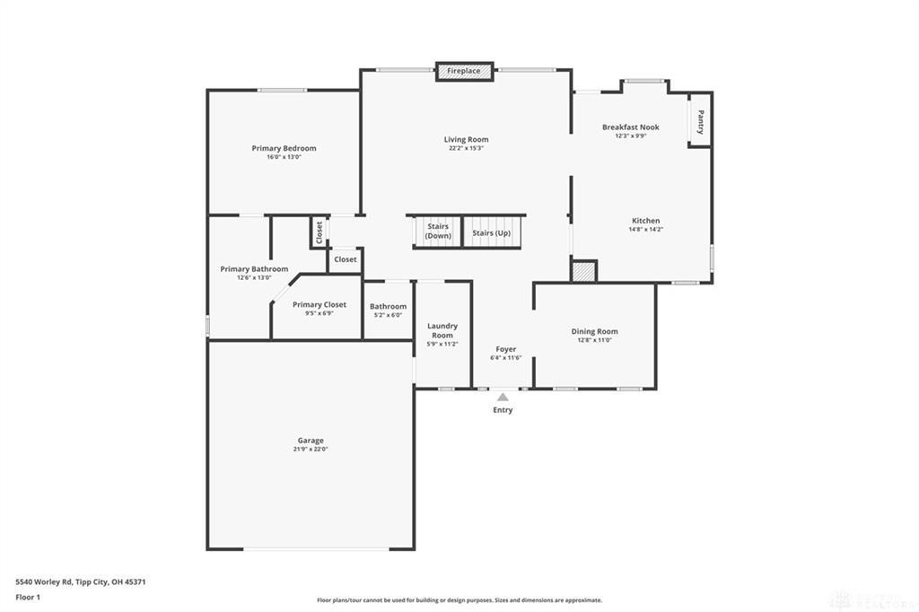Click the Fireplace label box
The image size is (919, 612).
[x=464, y=71]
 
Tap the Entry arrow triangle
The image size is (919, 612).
[x=503, y=397]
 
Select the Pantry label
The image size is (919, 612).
[x=700, y=121]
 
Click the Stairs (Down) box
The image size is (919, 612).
[x=438, y=231]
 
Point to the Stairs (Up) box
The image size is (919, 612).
[x=492, y=232]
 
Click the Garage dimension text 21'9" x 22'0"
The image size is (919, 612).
[x=311, y=450]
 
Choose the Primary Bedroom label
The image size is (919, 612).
[x=284, y=148]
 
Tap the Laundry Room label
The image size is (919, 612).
[x=442, y=330]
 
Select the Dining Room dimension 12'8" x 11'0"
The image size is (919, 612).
[x=594, y=340]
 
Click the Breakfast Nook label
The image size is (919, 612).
[x=630, y=127]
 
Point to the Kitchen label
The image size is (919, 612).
[x=645, y=221]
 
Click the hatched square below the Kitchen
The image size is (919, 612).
[x=583, y=270]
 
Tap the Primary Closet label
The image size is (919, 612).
[x=319, y=305]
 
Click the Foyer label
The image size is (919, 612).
[x=506, y=349]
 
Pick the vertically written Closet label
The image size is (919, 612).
[x=319, y=232]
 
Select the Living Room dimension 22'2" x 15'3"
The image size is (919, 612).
[x=467, y=148]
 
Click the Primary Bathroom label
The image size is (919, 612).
[x=254, y=269]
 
